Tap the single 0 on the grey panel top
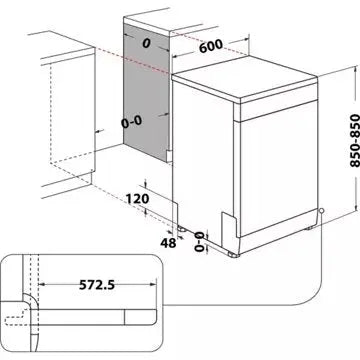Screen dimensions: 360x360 point(145,43)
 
